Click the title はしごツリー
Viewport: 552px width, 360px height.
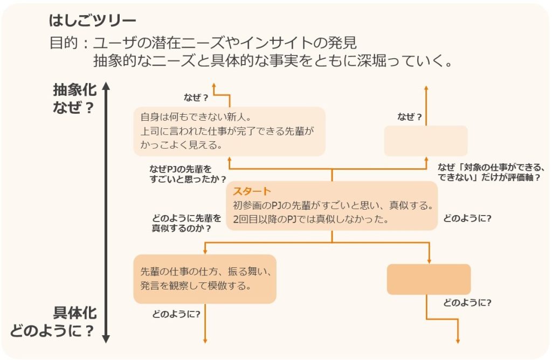point(92,21)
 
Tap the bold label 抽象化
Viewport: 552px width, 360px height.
point(75,90)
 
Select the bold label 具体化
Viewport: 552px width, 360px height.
point(75,314)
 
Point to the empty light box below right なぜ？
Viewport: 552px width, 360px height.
point(425,141)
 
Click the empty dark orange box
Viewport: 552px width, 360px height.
point(429,279)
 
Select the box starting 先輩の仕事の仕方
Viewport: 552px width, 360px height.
point(204,279)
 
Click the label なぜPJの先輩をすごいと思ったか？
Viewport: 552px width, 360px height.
point(188,174)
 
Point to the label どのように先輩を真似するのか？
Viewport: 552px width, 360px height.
point(187,223)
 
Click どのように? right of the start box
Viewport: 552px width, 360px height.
point(467,219)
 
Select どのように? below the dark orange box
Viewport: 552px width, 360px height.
point(467,302)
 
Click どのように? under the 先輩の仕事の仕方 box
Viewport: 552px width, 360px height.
point(176,314)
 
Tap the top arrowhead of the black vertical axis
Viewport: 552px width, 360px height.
point(106,86)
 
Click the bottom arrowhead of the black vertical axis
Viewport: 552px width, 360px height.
point(106,339)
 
